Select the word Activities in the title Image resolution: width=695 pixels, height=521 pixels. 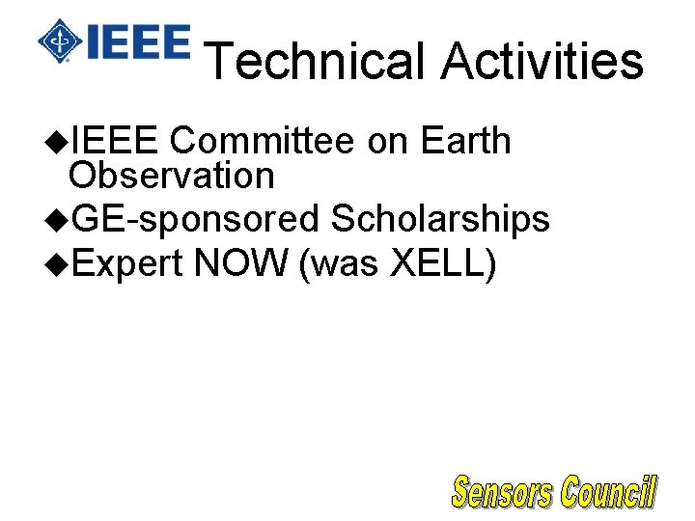coord(542,61)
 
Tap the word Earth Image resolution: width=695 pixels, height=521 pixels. coord(466,141)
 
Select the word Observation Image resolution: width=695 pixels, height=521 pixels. coord(172,176)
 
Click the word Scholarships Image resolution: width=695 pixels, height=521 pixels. coord(440,220)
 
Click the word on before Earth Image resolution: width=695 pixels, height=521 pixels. coord(390,141)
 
